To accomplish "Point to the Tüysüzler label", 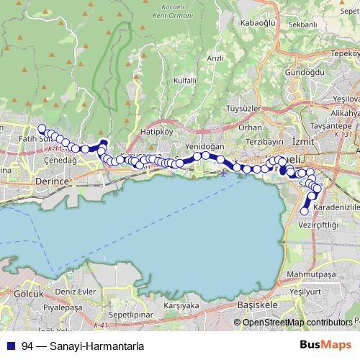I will click(243, 109).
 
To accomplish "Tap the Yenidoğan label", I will click(201, 145).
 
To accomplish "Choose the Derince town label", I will click(51, 182).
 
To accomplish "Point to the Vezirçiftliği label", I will click(318, 225).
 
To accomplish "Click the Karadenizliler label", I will click(332, 206).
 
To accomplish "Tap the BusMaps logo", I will click(330, 344).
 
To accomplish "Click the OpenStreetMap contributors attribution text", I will click(297, 323).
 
